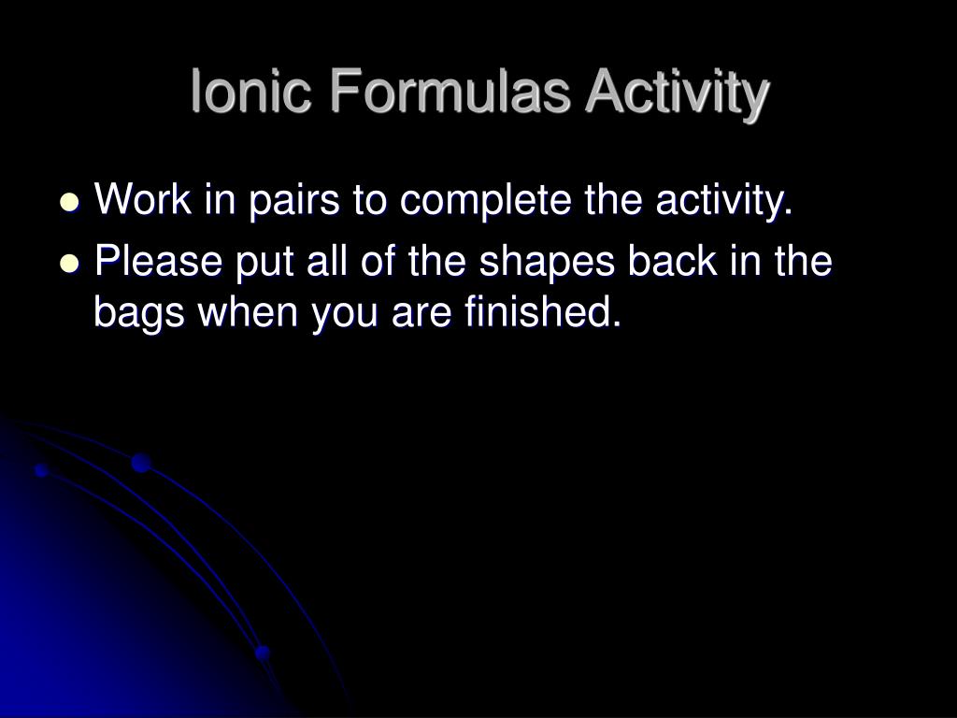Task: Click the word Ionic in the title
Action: [251, 91]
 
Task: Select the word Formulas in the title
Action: [450, 91]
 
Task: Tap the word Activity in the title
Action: [678, 94]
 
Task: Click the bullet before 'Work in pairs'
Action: [71, 202]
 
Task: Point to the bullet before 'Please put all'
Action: [71, 263]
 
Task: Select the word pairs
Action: [293, 202]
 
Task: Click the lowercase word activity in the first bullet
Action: [724, 202]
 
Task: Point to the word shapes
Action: [547, 264]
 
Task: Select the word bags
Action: [139, 314]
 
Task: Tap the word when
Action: [248, 310]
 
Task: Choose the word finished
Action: [543, 310]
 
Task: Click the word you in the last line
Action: [345, 315]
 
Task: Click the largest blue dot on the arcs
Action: [141, 463]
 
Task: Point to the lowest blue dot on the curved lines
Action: [263, 653]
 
